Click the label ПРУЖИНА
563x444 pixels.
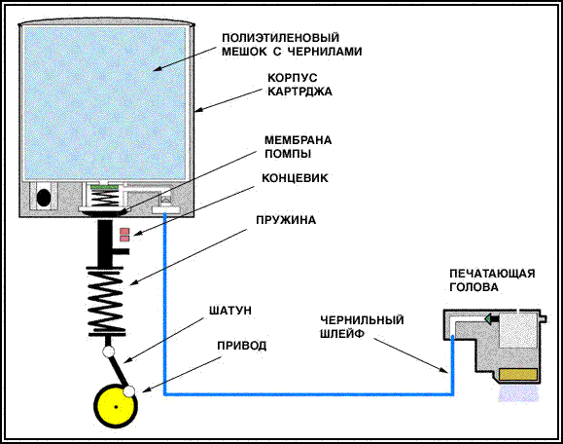(x=286, y=220)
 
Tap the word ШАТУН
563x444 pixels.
(x=230, y=311)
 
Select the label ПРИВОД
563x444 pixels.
(x=242, y=346)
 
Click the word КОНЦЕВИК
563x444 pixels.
(x=295, y=178)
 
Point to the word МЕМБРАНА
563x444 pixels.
(x=298, y=140)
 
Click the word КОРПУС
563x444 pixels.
(x=293, y=78)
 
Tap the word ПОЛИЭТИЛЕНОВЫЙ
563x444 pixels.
(x=280, y=38)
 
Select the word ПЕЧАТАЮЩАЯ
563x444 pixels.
(x=492, y=274)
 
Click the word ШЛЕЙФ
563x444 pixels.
(x=342, y=334)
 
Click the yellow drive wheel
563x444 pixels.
(x=116, y=407)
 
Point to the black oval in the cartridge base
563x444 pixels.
(x=44, y=197)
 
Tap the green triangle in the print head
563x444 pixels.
(x=487, y=318)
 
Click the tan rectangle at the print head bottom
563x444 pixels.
(x=518, y=375)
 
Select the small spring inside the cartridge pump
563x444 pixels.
(x=104, y=198)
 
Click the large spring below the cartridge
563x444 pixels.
(x=106, y=301)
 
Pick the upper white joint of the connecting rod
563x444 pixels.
(x=108, y=351)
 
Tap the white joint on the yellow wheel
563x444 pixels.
(x=129, y=390)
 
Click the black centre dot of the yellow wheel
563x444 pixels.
(x=116, y=407)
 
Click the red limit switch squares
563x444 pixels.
(x=124, y=235)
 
